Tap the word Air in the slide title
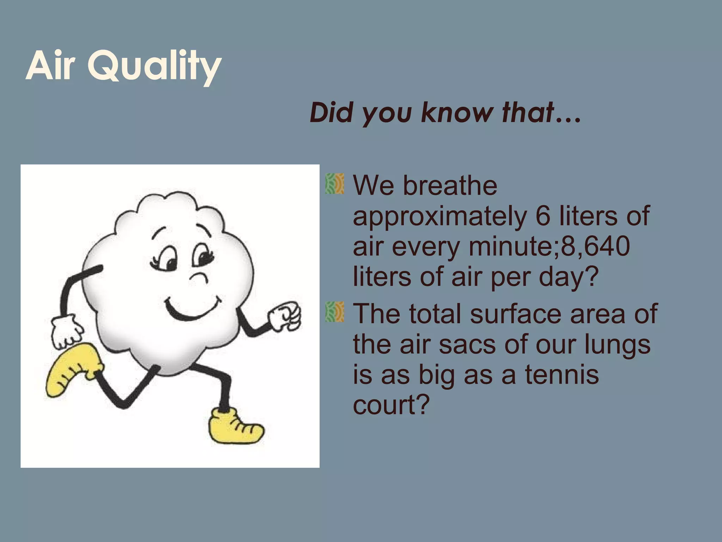50,66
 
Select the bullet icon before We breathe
334,184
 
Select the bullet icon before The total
334,312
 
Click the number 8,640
595,246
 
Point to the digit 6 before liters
543,216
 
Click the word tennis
562,374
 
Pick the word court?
391,405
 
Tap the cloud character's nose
200,277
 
